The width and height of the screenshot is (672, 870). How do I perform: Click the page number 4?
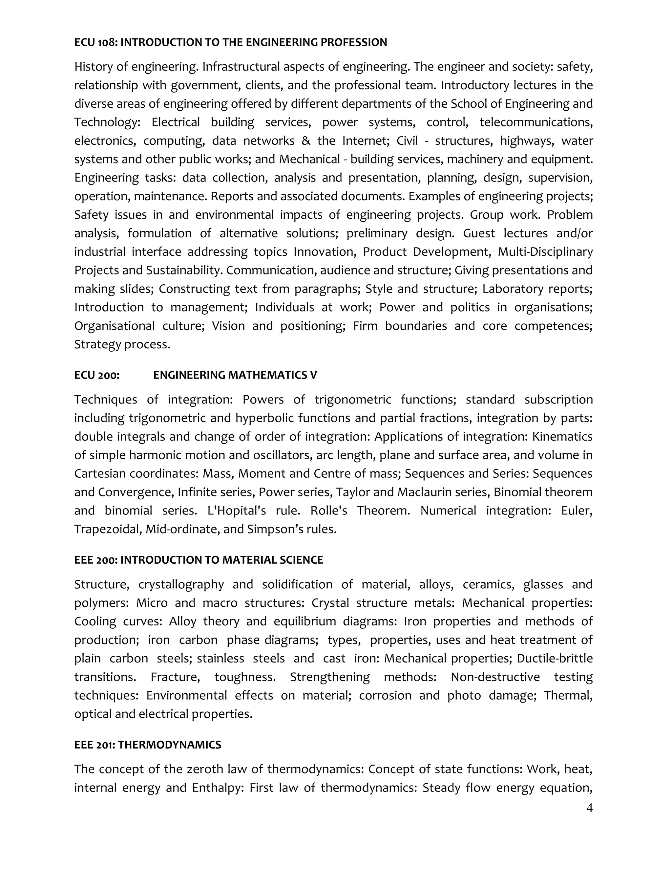[x=589, y=808]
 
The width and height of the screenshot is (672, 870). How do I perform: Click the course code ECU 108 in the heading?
[x=95, y=43]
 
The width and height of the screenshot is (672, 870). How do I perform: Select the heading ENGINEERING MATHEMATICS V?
[x=235, y=375]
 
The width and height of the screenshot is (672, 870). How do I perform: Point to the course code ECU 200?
[x=97, y=375]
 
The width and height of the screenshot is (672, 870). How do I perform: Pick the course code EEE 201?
[x=94, y=745]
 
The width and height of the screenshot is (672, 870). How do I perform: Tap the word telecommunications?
[x=536, y=122]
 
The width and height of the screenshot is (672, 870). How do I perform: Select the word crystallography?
[x=181, y=584]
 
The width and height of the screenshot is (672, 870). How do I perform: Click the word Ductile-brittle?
[x=555, y=659]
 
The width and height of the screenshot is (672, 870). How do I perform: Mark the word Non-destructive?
[x=495, y=677]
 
